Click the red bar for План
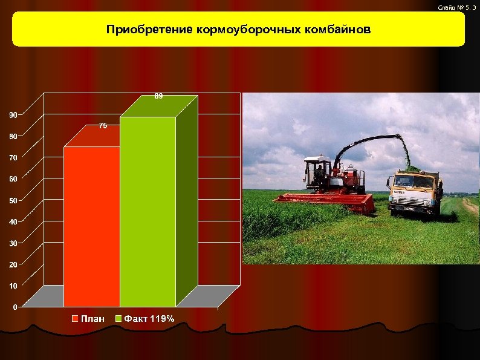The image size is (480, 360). pos(91,226)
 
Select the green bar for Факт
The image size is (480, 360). pos(148,212)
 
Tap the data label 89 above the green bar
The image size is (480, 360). pos(158,96)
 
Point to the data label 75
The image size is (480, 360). pos(103,126)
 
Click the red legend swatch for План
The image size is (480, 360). pos(76,318)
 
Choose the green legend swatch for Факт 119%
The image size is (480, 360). pos(119,318)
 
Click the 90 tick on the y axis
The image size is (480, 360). pos(13,114)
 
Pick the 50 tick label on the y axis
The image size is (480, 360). pos(13,200)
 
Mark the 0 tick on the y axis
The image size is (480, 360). pos(15,307)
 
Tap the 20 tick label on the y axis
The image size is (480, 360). pos(13,264)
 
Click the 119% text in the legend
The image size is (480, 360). pos(162,318)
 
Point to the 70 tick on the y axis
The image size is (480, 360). pos(13,157)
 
